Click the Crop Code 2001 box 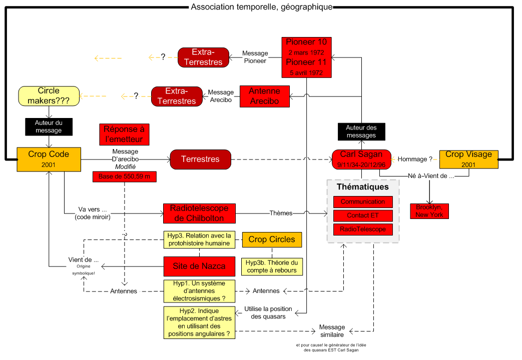49,159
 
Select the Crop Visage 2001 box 469,159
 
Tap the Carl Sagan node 361,159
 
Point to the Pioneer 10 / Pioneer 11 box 306,57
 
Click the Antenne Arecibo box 264,96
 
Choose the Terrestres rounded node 200,159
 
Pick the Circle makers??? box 49,95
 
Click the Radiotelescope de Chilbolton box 199,213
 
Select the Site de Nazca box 199,266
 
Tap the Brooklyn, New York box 429,211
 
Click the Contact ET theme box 363,215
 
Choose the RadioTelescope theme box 363,229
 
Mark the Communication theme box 363,202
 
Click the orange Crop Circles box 272,239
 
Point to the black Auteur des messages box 361,131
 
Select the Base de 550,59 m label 124,176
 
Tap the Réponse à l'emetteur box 124,134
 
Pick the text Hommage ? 415,159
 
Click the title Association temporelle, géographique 261,7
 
